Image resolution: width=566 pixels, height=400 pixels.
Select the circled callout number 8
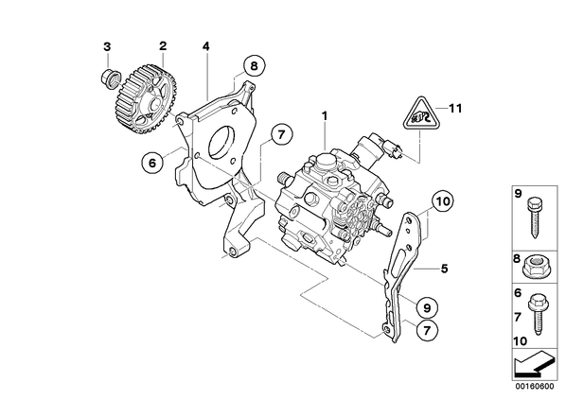254,66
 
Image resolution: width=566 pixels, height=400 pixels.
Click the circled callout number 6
152,163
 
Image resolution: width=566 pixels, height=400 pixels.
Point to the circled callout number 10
443,201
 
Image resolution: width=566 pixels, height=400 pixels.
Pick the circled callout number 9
426,307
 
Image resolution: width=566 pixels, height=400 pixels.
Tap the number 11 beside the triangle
455,108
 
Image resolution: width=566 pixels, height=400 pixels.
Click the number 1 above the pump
325,115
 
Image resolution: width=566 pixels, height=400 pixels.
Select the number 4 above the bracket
205,46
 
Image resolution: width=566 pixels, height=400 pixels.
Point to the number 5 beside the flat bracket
444,269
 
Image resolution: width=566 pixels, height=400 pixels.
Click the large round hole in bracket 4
221,143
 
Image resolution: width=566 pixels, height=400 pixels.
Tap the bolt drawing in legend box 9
535,217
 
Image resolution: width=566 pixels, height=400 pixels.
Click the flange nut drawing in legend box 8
535,268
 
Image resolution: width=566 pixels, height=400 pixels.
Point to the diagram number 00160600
534,387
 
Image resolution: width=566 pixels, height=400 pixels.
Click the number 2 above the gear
163,45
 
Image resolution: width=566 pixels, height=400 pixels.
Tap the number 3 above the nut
107,46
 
